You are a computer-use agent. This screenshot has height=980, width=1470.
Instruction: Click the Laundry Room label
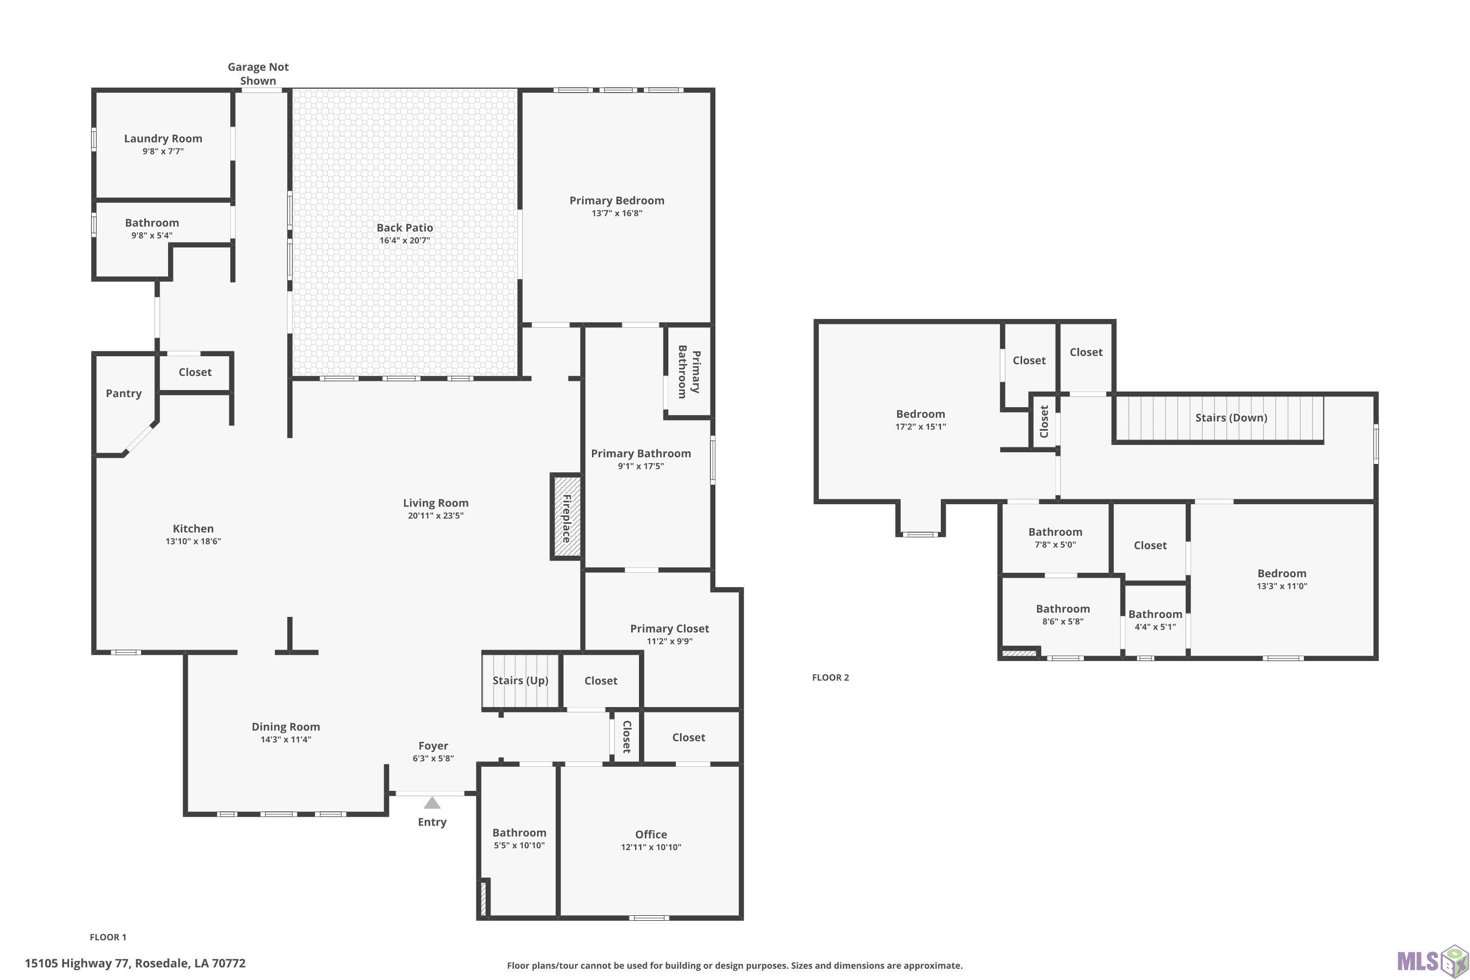coord(163,139)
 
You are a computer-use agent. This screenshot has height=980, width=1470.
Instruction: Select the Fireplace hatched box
coord(567,517)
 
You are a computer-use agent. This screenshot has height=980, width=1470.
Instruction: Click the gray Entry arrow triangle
coord(432,803)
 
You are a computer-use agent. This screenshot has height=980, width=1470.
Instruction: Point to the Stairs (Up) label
coord(520,681)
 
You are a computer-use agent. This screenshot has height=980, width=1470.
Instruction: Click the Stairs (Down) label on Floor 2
coord(1231,417)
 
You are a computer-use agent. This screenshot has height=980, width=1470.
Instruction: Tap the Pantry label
coord(124,393)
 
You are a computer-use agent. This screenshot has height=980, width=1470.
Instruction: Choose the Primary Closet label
coord(669,629)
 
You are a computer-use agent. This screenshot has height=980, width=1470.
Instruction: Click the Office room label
coord(651,834)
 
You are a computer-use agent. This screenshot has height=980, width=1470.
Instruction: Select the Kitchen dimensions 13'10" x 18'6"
coord(193,541)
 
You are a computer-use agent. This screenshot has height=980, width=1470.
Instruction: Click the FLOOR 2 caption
coord(831,678)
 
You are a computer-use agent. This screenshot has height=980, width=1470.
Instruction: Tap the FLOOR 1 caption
coord(108,937)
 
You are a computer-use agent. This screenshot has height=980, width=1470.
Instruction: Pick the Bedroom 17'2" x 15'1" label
coord(921,420)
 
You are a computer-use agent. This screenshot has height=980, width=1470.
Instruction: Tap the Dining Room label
coord(286,727)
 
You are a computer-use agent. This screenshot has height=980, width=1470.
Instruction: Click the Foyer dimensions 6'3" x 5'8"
coord(433,759)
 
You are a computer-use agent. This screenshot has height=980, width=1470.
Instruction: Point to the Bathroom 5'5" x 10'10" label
coord(519,839)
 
